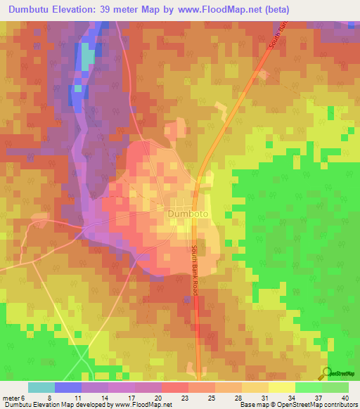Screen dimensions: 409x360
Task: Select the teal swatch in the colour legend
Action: coord(41,387)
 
